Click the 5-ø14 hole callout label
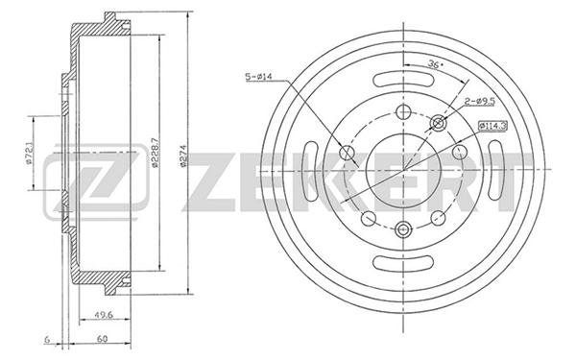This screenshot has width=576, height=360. pos(258,77)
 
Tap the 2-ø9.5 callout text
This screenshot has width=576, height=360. pos(479,101)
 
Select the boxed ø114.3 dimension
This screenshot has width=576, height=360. pos(492,126)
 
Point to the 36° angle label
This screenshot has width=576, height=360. pos(436,64)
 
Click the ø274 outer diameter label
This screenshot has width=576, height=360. pos(183,156)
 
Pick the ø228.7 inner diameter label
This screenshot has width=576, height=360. pos(155,153)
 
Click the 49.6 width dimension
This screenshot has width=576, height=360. pos(104,315)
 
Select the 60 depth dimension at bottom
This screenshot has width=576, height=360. pos(103,339)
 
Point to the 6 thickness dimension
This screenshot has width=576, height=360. pos(47,339)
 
